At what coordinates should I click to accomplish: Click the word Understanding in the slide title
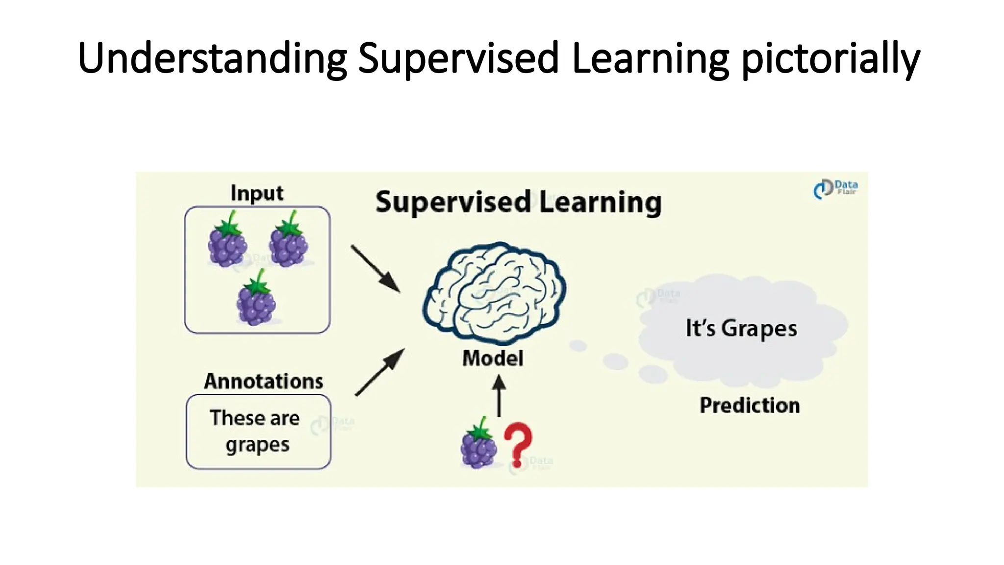(212, 59)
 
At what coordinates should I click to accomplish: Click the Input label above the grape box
(257, 193)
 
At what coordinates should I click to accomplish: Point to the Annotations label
(264, 381)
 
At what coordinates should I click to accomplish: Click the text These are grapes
(256, 431)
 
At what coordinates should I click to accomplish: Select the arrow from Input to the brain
(376, 269)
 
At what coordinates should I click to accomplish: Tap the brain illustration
(494, 293)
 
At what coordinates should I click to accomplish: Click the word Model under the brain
(493, 358)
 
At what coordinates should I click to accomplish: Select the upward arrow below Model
(499, 396)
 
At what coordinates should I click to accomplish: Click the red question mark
(518, 444)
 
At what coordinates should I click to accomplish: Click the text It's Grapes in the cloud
(741, 328)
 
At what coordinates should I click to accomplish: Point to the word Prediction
(750, 405)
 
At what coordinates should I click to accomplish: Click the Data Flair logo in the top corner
(835, 189)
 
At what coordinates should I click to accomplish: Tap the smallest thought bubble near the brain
(578, 346)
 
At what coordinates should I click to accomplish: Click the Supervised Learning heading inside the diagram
(518, 202)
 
